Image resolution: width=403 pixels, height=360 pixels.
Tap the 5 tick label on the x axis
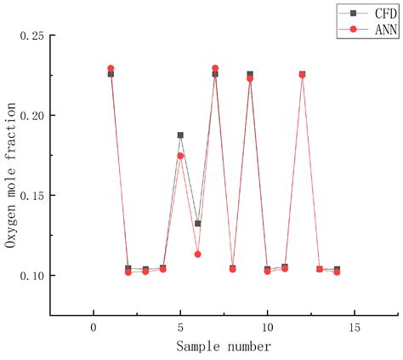tap(180, 329)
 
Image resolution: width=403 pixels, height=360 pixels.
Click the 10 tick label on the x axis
tap(267, 329)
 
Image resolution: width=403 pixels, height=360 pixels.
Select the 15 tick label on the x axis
tap(355, 329)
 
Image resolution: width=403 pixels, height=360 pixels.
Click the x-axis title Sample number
tap(224, 346)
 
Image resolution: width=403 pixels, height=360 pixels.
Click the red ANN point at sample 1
tap(111, 68)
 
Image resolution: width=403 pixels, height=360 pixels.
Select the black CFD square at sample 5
tap(180, 135)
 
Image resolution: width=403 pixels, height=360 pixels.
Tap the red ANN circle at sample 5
tap(180, 156)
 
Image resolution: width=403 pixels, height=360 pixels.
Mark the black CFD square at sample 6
tap(197, 224)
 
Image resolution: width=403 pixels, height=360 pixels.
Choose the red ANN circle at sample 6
tap(197, 254)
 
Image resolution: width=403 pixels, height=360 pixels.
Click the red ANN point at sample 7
tap(215, 68)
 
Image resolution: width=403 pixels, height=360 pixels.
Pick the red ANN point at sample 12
tap(302, 75)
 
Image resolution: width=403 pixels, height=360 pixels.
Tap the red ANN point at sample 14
tap(337, 271)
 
